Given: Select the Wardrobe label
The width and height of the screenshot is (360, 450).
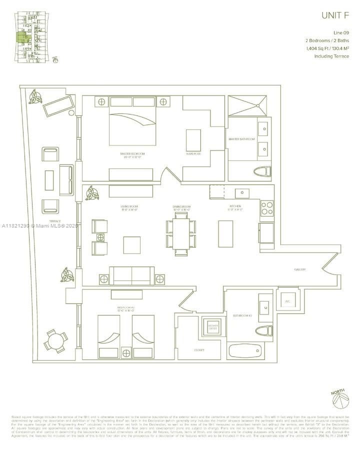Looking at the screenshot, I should click(193, 153).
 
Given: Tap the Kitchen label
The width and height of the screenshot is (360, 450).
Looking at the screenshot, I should click(235, 206).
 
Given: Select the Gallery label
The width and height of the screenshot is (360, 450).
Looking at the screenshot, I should click(300, 270).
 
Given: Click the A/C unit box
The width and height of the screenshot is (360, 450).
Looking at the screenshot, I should click(287, 301).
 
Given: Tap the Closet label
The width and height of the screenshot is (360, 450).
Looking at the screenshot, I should click(199, 350).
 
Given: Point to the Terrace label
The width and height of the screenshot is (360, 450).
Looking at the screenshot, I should click(55, 221).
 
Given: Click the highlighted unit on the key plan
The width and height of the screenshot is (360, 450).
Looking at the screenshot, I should click(23, 38).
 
